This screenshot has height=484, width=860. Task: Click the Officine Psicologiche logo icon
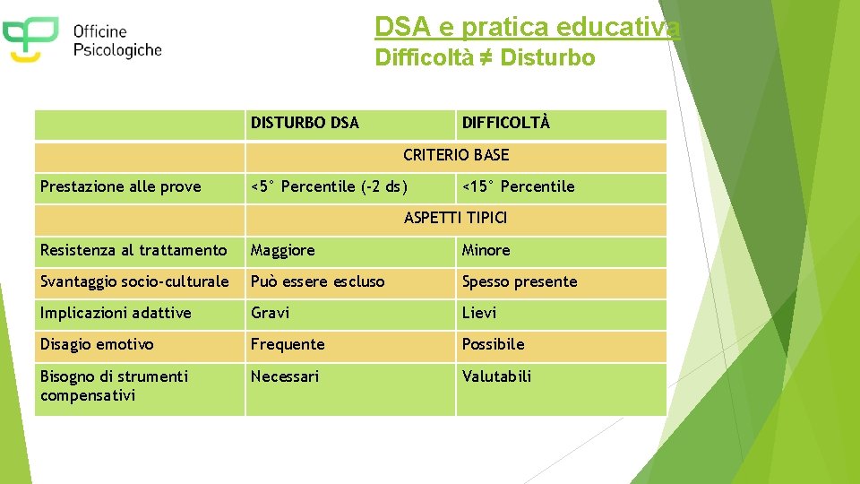coord(30,39)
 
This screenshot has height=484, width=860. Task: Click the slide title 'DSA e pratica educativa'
coord(527,28)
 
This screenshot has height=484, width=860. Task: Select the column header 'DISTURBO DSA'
coord(305,123)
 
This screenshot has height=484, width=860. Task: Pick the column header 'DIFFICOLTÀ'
coord(506,123)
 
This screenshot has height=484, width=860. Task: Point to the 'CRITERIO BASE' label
coord(456,155)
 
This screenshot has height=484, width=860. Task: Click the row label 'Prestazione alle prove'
coord(121,186)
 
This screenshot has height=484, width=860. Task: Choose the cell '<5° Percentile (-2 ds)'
coord(329,186)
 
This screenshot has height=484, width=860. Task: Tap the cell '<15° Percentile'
coord(518,186)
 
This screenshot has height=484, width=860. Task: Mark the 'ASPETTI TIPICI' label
coord(456,218)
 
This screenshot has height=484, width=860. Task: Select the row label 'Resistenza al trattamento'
coord(133,250)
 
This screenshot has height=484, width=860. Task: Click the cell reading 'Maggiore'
coord(283,250)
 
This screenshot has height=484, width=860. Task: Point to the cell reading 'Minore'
coord(486,250)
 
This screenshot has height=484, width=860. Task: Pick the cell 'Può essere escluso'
coord(318,281)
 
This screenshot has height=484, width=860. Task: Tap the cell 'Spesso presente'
coord(520,281)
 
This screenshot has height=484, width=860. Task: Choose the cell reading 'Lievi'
coord(479,313)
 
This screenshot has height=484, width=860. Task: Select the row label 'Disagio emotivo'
coord(97,344)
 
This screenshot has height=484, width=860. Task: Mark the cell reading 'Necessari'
coord(285,376)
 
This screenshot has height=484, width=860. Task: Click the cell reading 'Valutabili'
coord(496,376)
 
